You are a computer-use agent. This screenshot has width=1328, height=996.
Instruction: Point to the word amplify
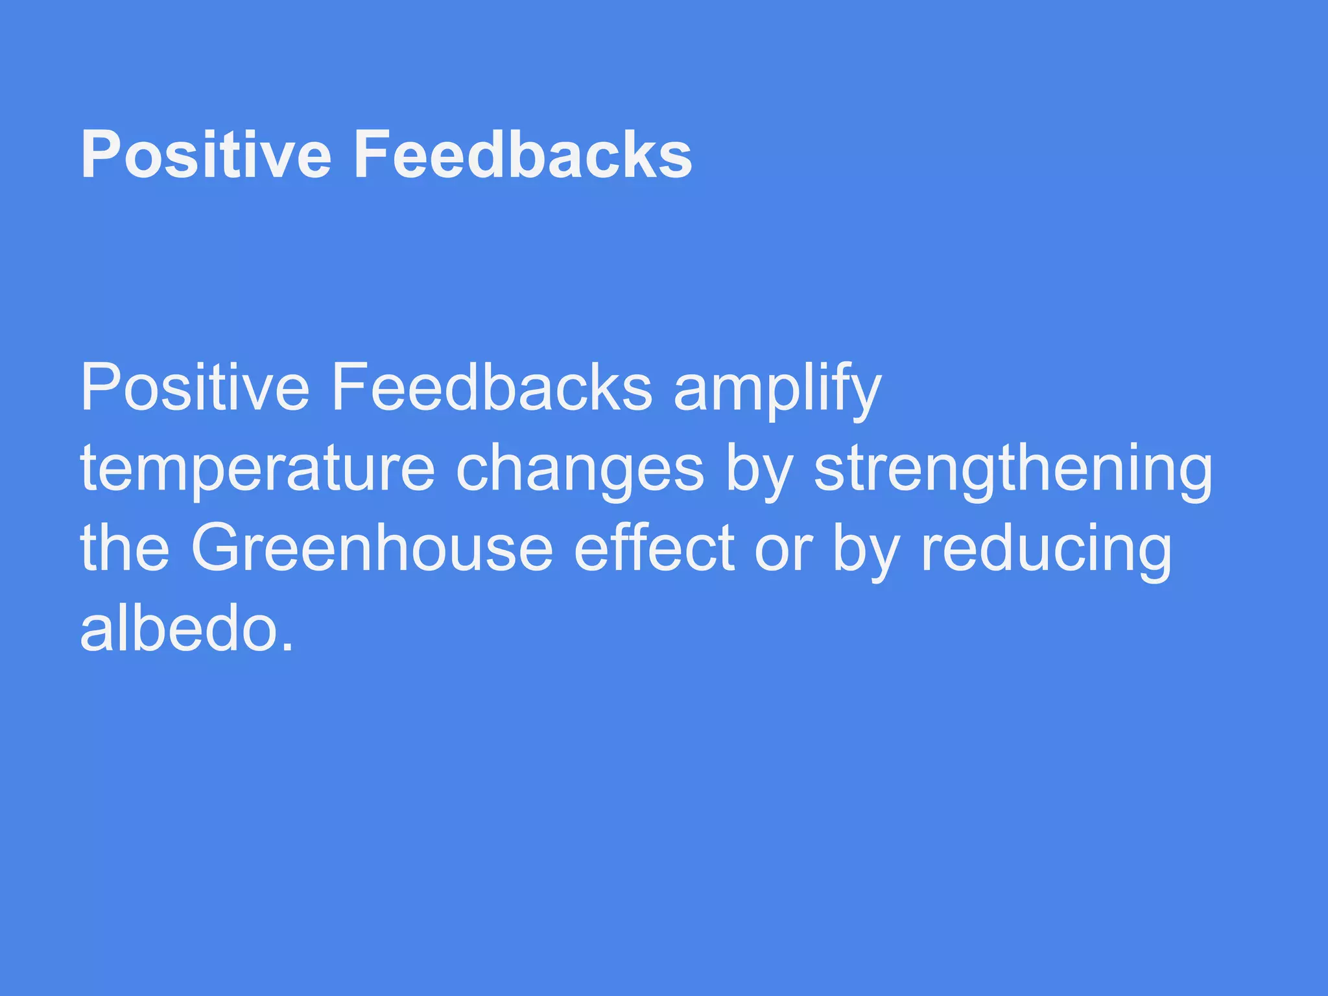(x=777, y=389)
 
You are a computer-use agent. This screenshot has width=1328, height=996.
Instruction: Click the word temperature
(x=257, y=469)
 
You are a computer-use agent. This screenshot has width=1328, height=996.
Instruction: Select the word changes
(x=580, y=469)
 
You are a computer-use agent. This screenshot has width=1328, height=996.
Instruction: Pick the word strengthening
(x=1013, y=469)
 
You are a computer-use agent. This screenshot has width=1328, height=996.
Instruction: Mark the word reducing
(x=1046, y=550)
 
